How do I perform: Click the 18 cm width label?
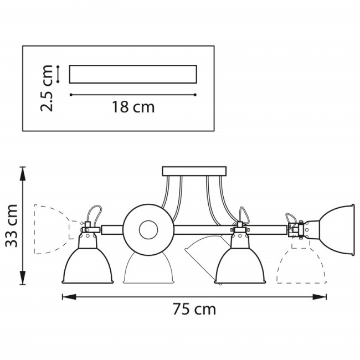tap(133, 107)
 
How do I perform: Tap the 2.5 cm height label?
tap(48, 88)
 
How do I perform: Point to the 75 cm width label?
tap(194, 309)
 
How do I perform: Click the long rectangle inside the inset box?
tap(133, 74)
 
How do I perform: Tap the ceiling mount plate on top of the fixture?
tap(194, 171)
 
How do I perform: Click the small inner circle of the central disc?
tap(148, 229)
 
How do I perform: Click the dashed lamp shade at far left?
tap(50, 229)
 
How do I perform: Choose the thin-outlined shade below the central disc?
tap(148, 269)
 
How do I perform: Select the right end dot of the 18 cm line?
tap(196, 95)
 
